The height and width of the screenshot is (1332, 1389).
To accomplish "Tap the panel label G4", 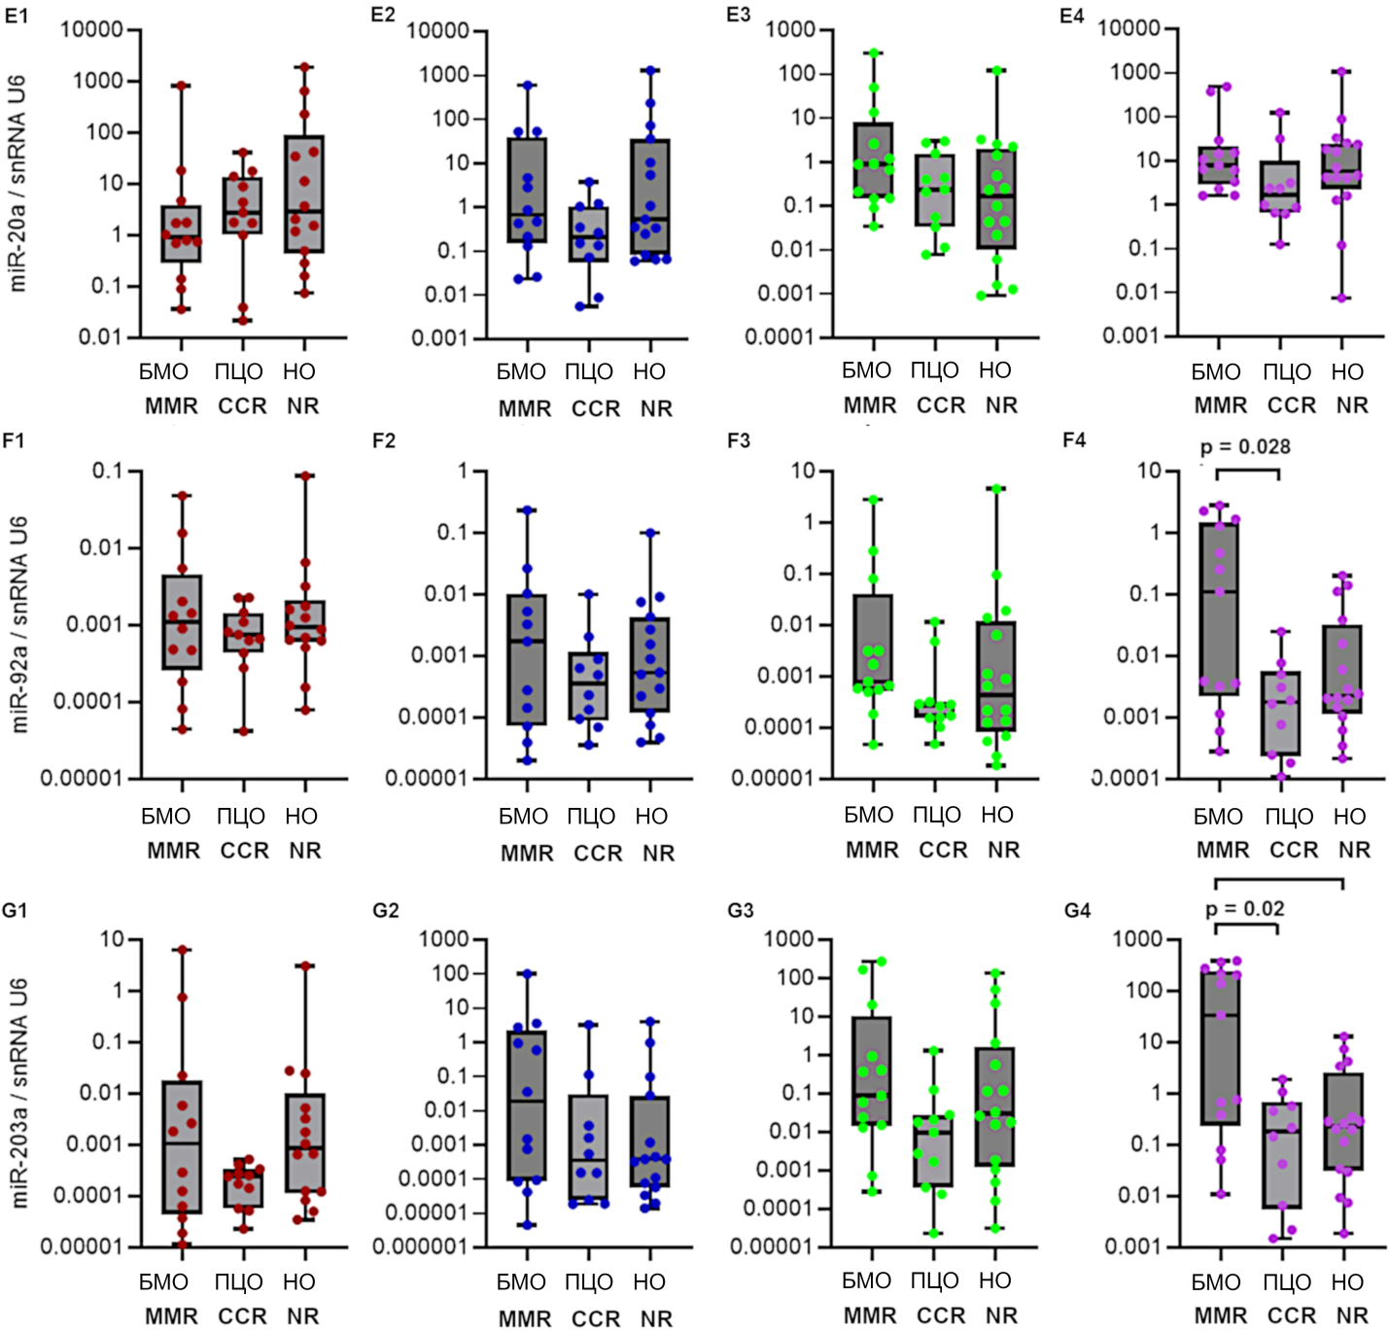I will point(1077,911).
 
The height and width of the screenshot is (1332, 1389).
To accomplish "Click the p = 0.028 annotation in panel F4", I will point(1245,447).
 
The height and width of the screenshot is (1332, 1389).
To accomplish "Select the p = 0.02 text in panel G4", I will point(1245,909).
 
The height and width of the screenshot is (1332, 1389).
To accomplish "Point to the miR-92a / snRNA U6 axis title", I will point(17,623).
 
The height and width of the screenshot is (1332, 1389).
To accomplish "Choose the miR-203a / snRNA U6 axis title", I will point(17,1093).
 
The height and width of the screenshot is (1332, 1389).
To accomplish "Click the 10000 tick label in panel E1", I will point(91,30).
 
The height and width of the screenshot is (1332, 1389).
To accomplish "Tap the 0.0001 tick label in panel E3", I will point(779,337).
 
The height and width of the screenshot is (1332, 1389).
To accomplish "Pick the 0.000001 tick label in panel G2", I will point(421,1246).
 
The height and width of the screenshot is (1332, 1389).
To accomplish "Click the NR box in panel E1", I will point(304,194).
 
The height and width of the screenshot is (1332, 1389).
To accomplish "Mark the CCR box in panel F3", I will point(935,709).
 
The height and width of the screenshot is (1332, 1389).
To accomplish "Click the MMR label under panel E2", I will point(525,408).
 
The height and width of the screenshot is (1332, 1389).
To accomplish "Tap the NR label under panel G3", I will point(1002,1315).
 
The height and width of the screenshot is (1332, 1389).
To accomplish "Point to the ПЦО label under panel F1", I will point(241,817).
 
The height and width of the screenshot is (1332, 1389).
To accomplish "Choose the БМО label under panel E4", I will point(1216,372).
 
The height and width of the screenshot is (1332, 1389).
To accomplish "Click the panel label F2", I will point(384,441).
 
